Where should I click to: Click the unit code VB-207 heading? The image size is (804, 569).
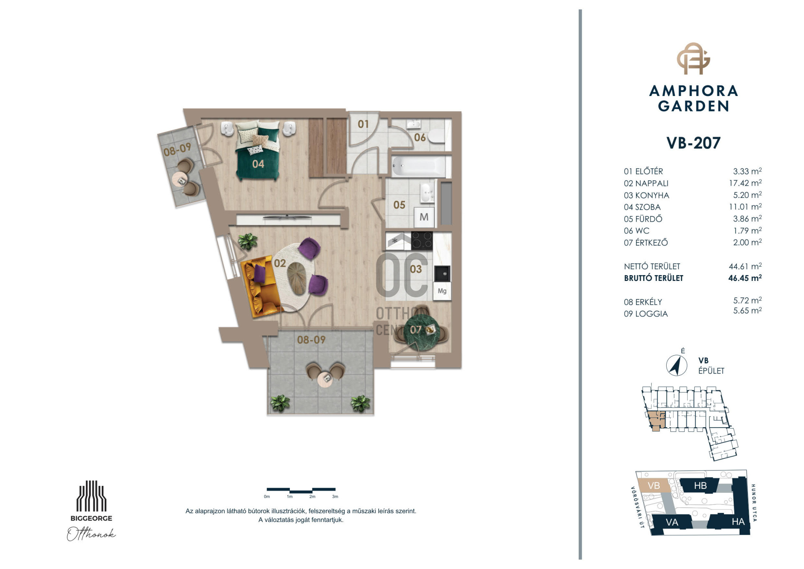[x=693, y=143]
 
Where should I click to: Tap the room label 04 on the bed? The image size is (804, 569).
[x=258, y=164]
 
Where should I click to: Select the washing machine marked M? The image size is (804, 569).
[x=424, y=217]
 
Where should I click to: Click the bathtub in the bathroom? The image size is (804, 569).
[x=418, y=166]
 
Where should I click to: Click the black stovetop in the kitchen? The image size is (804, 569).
[x=422, y=241]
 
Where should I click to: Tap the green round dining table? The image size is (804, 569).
[x=422, y=333]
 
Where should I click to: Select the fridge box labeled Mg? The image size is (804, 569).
[x=442, y=291]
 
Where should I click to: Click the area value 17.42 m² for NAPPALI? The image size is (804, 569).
[x=745, y=183]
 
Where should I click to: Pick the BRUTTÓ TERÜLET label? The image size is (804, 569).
[x=653, y=278]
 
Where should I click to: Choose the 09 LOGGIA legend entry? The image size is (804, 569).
[x=646, y=314]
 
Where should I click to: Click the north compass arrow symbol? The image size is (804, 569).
[x=676, y=365]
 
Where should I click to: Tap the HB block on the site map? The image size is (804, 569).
[x=700, y=486]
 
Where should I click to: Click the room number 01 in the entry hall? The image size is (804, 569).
[x=363, y=124]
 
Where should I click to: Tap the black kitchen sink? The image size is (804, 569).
[x=442, y=273]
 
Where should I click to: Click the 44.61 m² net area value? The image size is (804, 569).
[x=745, y=266]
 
